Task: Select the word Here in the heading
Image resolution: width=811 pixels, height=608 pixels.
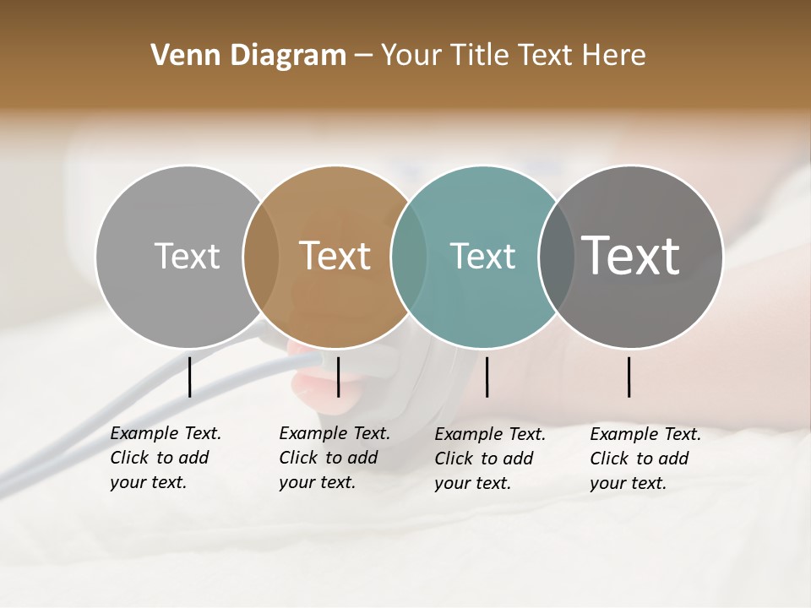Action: pyautogui.click(x=615, y=56)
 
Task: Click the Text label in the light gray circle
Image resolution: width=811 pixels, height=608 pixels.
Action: pyautogui.click(x=187, y=256)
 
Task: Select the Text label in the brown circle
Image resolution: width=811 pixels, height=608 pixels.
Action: pyautogui.click(x=335, y=256)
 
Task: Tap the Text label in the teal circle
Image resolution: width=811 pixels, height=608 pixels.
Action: pyautogui.click(x=482, y=256)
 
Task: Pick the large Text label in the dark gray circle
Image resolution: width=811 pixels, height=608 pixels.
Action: pyautogui.click(x=631, y=255)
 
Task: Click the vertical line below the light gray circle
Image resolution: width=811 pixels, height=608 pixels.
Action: pyautogui.click(x=190, y=377)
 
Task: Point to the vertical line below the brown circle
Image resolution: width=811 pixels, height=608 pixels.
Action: pyautogui.click(x=338, y=377)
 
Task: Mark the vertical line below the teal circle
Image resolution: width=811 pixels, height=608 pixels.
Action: pyautogui.click(x=487, y=377)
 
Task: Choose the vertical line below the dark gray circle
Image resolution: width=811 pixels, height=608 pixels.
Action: pyautogui.click(x=629, y=377)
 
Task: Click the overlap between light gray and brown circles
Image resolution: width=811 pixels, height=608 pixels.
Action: pyautogui.click(x=261, y=256)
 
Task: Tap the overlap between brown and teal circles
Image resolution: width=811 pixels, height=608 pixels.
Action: pyautogui.click(x=409, y=256)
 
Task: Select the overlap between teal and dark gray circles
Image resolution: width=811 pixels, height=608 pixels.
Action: pyautogui.click(x=556, y=256)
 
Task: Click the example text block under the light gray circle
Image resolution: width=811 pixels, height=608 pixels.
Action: pyautogui.click(x=166, y=458)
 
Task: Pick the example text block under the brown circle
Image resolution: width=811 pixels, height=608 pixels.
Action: pyautogui.click(x=335, y=458)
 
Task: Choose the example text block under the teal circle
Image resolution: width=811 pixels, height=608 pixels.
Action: pyautogui.click(x=490, y=459)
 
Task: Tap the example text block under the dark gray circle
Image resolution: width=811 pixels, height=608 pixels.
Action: pyautogui.click(x=645, y=459)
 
